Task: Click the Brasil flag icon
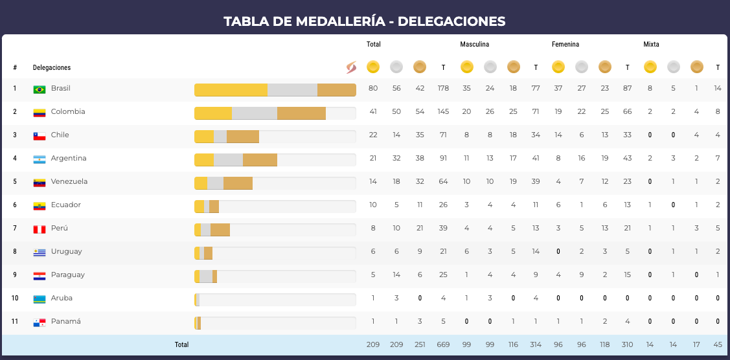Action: [x=39, y=89]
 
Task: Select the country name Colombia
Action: [x=68, y=111]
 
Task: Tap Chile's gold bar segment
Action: [x=204, y=136]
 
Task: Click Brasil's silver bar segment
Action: [x=292, y=89]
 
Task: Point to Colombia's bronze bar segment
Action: [x=301, y=113]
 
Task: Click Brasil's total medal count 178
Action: [x=443, y=88]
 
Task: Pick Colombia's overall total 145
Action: [x=443, y=111]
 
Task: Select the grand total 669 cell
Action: [x=443, y=344]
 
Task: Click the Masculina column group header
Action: [x=474, y=44]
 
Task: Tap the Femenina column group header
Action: [x=565, y=44]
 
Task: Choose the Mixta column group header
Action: [x=651, y=44]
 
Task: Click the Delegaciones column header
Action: [x=52, y=67]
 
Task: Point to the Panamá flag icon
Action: [x=39, y=322]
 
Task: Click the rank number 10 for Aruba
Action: [x=15, y=298]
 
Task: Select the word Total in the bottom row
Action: [x=181, y=344]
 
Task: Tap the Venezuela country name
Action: [x=69, y=181]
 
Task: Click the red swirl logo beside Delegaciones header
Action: [x=351, y=67]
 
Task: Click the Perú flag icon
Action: [x=39, y=229]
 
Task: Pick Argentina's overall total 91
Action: [x=443, y=158]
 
